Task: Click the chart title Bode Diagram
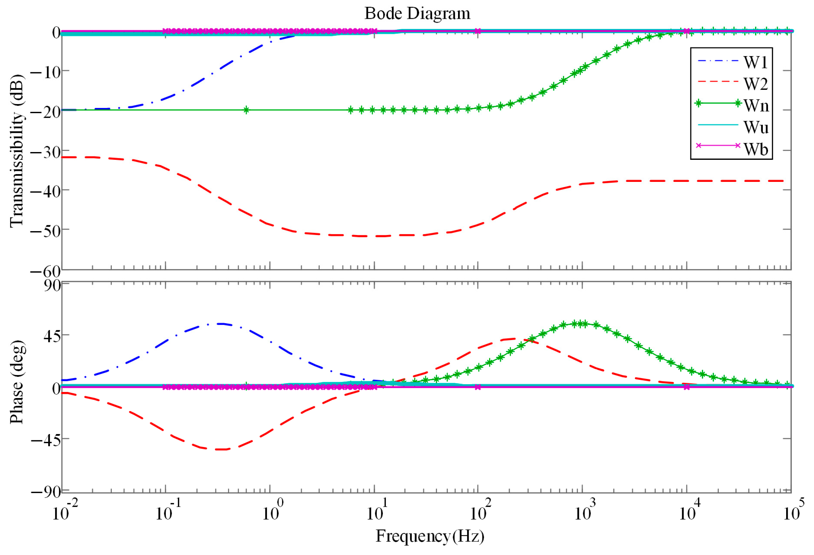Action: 417,14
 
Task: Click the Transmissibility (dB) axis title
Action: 17,151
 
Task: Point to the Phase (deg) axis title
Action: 17,382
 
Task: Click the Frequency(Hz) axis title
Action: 430,536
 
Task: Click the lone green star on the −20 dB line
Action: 246,110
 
